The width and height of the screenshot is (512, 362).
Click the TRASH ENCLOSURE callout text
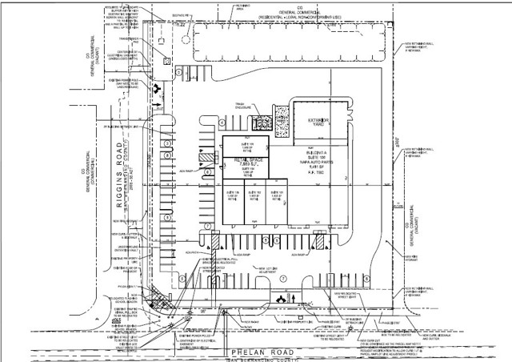tap(243, 107)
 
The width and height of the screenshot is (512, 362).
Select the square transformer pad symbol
tap(166, 61)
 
